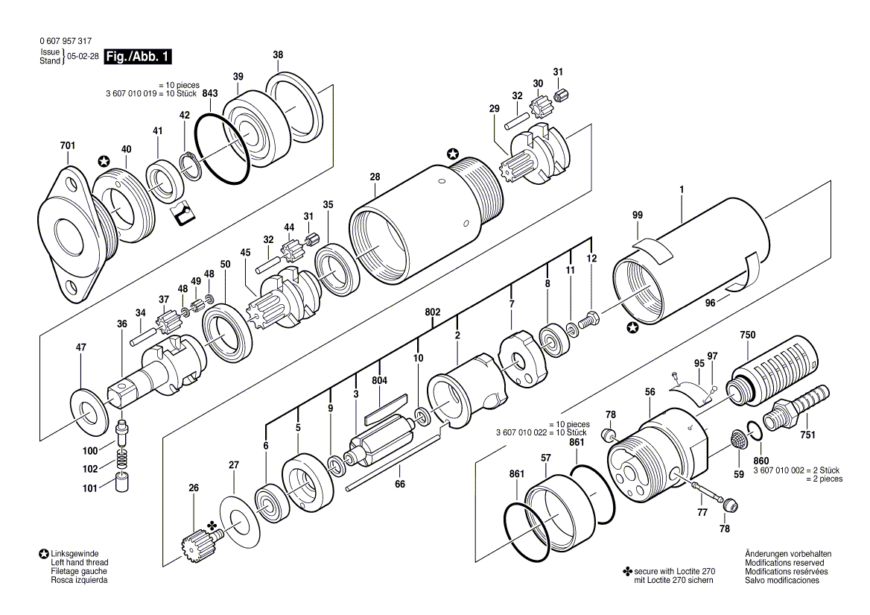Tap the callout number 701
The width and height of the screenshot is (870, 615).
(x=68, y=145)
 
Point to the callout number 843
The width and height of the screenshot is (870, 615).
(x=210, y=93)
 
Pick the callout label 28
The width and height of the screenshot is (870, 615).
(x=375, y=177)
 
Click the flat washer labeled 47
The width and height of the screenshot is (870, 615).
(x=91, y=411)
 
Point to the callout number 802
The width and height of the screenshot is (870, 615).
(x=433, y=312)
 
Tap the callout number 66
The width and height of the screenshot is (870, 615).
(x=400, y=485)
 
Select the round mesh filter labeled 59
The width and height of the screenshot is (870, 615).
(x=738, y=440)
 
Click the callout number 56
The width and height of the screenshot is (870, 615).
(x=650, y=392)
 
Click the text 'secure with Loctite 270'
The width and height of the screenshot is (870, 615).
(x=673, y=571)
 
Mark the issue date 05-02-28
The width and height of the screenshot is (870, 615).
(x=83, y=57)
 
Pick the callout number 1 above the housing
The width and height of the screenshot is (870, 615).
(x=681, y=190)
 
